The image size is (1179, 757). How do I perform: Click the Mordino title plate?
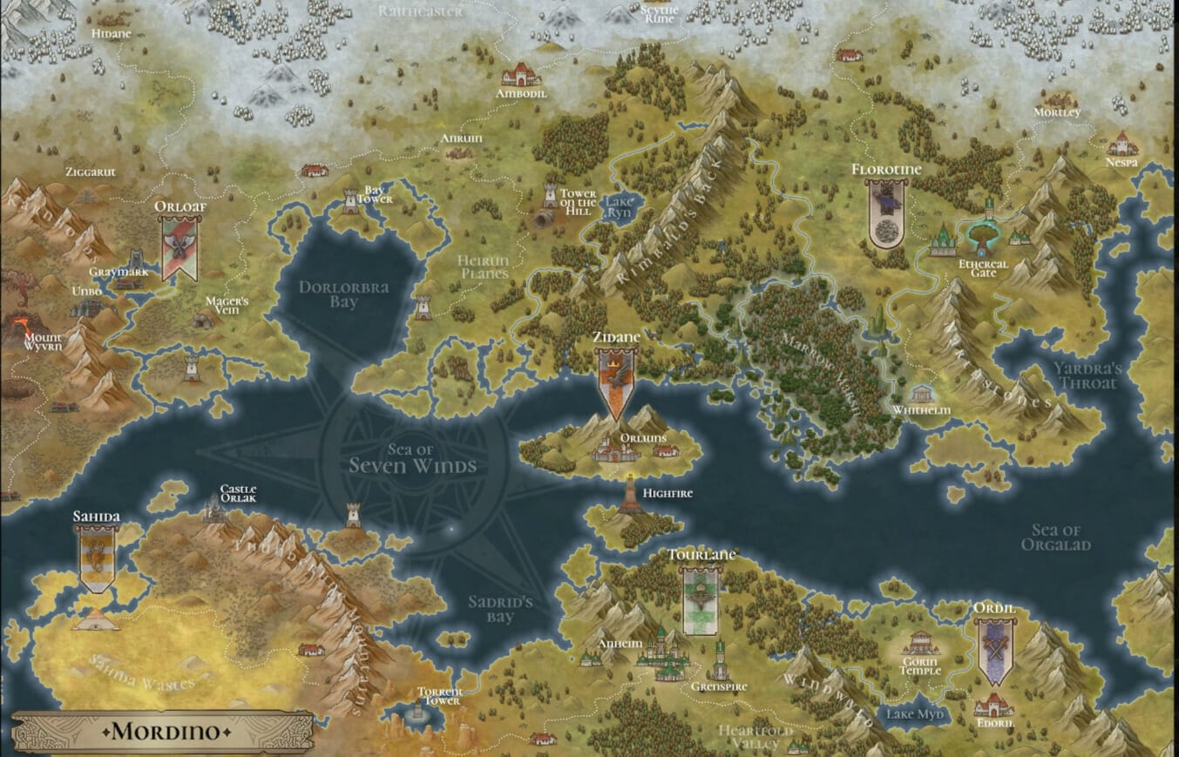[x=164, y=730]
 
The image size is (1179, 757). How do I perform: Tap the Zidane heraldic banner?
[x=615, y=383]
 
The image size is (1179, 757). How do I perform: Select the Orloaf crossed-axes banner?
[x=180, y=247]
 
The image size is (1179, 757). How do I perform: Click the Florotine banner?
[x=887, y=213]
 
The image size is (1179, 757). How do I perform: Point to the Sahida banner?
[x=96, y=558]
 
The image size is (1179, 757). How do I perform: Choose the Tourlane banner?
[x=701, y=601]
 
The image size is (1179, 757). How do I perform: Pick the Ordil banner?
[x=993, y=651]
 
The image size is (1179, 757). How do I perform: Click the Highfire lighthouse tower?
[x=629, y=494]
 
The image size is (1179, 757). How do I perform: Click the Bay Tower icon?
[x=350, y=200]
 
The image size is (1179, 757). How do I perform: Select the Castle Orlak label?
[x=238, y=494]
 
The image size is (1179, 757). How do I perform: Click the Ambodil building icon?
[x=521, y=74]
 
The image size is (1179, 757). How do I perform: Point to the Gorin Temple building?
[x=920, y=643]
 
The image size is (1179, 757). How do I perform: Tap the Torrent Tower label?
[x=440, y=696]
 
